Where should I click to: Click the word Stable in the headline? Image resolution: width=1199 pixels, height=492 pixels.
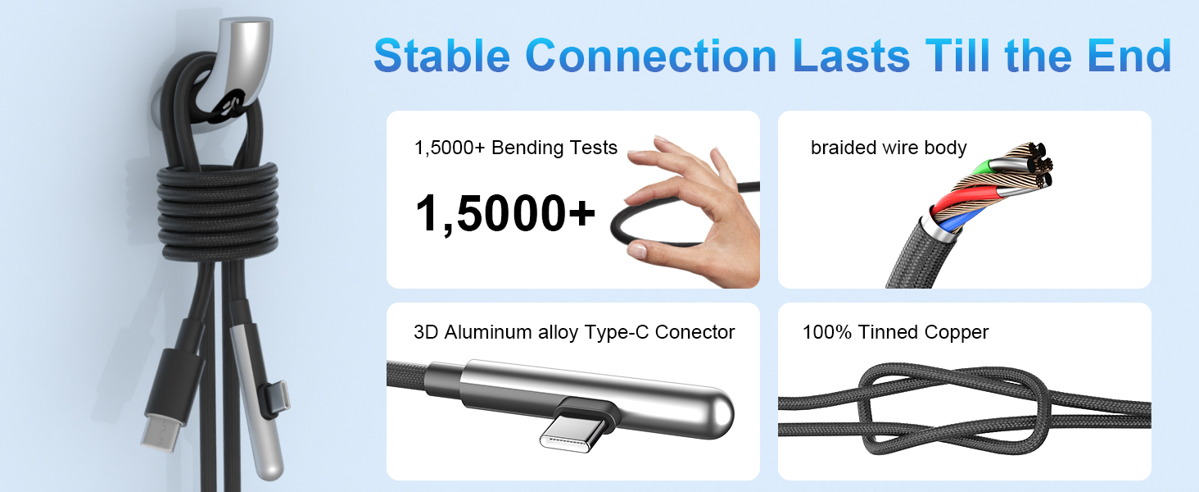tap(442, 57)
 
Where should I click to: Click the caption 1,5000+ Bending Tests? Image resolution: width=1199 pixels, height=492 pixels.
tap(516, 148)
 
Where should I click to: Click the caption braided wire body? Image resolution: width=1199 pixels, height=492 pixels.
tap(889, 148)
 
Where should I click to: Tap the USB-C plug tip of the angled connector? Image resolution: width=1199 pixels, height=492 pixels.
tap(573, 433)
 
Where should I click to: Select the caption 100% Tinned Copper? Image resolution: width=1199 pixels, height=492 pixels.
tap(895, 332)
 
